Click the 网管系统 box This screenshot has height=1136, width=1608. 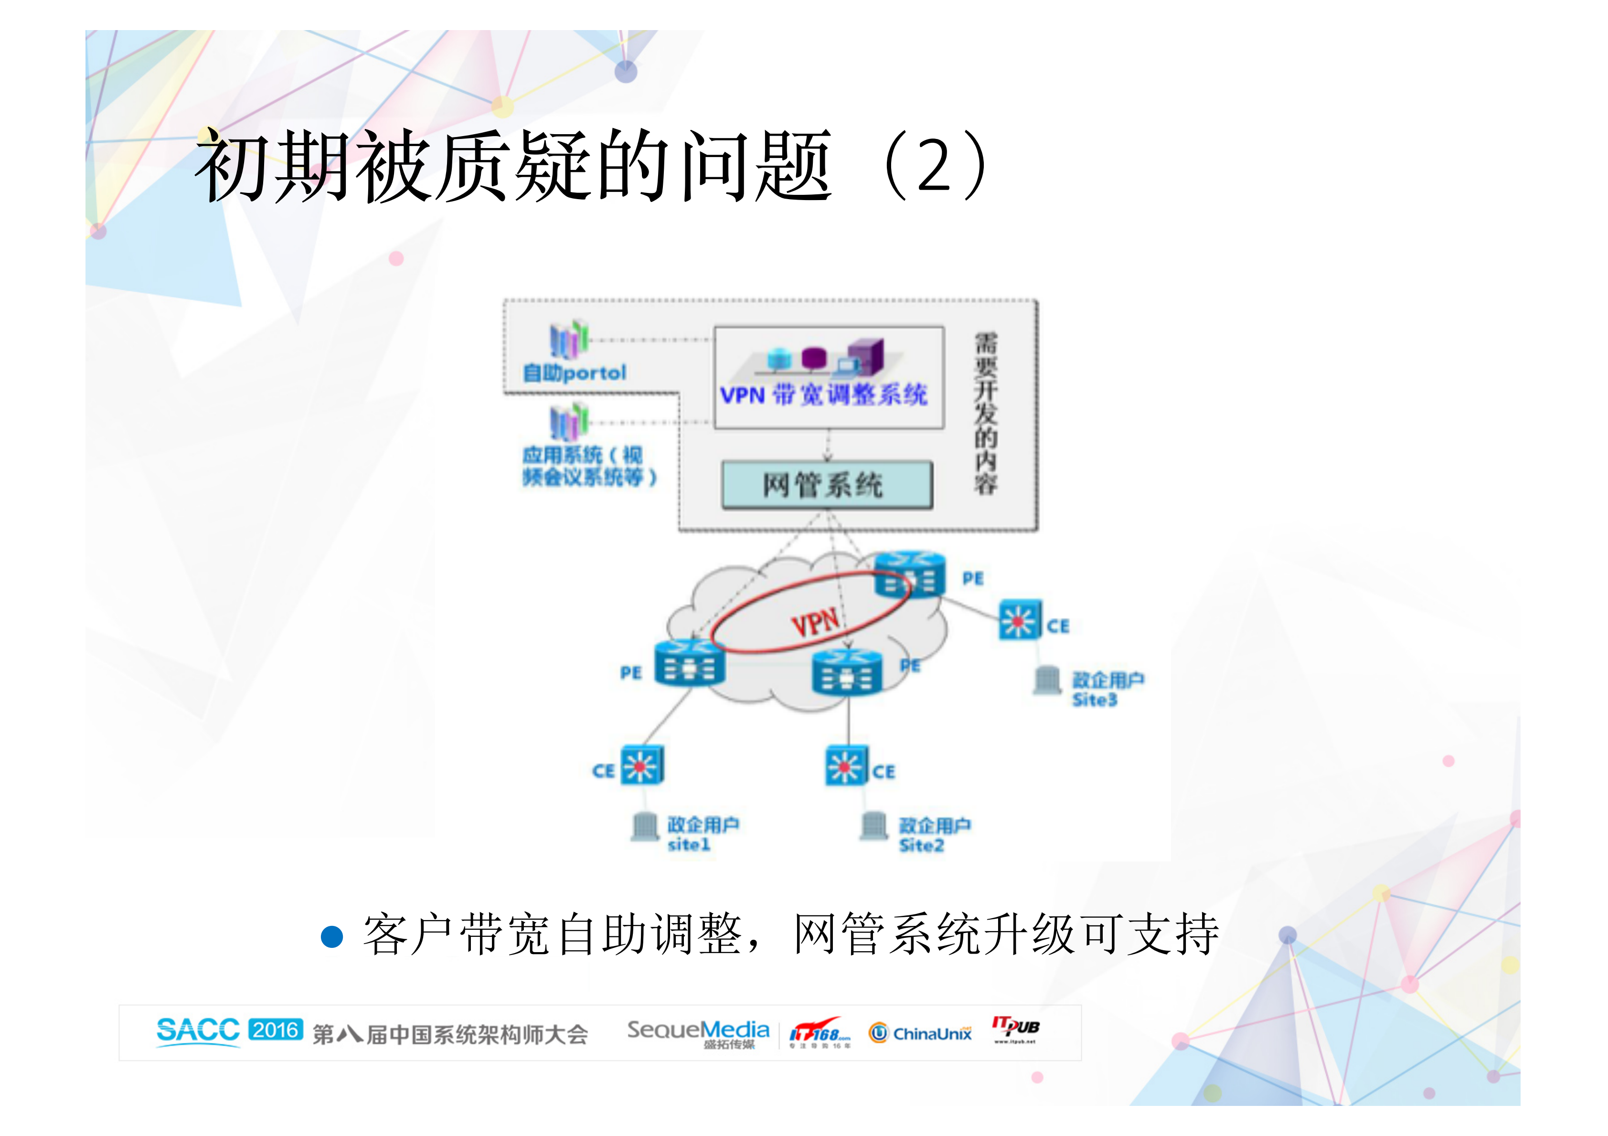click(x=826, y=485)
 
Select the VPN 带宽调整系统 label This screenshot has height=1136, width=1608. click(x=824, y=395)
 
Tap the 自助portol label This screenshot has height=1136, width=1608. click(x=574, y=372)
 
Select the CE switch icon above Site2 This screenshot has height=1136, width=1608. click(x=846, y=765)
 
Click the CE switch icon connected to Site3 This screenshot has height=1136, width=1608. click(x=1020, y=620)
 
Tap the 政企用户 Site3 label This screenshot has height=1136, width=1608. click(x=1107, y=689)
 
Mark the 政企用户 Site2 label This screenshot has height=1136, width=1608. click(x=934, y=835)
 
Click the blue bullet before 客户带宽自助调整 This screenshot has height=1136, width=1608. click(x=331, y=936)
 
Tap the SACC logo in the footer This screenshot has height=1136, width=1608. click(x=198, y=1030)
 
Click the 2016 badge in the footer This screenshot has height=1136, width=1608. click(x=275, y=1030)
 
